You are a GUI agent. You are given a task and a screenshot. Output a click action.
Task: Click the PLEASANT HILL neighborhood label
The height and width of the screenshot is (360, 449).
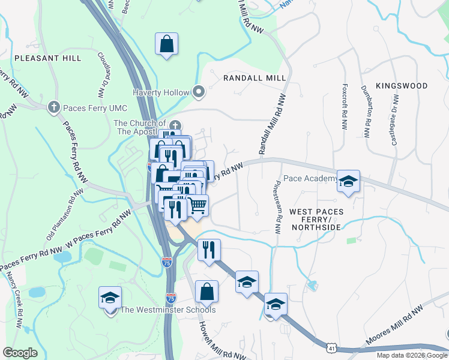coord(47,58)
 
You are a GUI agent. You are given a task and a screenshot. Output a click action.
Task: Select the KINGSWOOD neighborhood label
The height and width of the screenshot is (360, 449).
coord(402,86)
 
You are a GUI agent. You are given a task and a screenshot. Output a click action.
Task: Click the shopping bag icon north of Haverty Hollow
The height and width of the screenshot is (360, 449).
coord(167,44)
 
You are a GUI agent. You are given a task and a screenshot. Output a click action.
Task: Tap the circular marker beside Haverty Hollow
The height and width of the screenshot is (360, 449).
coord(199,92)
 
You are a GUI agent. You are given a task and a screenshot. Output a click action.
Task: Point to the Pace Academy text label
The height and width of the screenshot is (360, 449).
coord(310,178)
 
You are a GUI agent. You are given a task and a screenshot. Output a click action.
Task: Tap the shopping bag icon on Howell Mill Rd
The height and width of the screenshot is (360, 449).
coord(206,292)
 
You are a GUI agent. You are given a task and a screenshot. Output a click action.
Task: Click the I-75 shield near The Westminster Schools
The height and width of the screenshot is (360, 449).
coord(172,297)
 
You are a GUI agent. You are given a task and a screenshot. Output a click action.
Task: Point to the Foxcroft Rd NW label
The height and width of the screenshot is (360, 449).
coord(344,107)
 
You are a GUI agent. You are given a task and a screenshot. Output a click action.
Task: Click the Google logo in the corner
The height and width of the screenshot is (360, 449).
coord(20,352)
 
